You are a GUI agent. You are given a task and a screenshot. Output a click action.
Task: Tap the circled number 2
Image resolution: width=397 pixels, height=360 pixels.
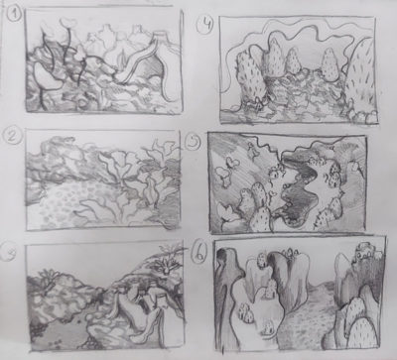point(13,135)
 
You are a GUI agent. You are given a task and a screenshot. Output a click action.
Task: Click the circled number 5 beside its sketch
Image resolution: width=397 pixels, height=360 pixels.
point(196,142)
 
